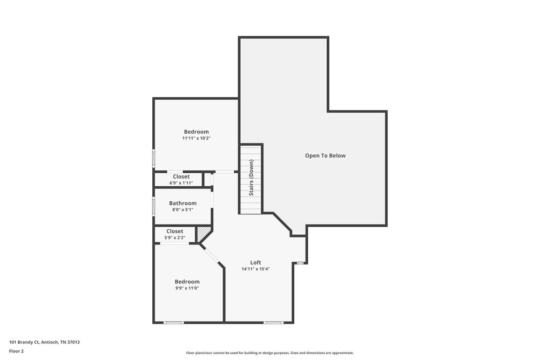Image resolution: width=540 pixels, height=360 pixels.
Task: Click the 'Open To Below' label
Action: [325, 155]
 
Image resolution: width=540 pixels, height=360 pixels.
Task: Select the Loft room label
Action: [255, 262]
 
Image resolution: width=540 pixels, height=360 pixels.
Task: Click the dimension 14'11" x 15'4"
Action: [255, 269]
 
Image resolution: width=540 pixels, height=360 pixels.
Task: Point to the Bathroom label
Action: [183, 203]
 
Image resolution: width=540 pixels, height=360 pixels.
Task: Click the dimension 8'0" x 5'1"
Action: [183, 209]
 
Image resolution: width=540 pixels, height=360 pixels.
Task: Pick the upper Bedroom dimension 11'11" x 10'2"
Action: [196, 138]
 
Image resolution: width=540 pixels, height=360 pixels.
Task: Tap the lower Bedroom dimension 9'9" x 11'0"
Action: [187, 288]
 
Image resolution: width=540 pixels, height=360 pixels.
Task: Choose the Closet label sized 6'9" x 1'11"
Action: [181, 176]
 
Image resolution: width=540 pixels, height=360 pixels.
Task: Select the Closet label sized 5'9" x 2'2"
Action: [174, 231]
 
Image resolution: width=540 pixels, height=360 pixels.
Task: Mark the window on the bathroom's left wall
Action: [154, 206]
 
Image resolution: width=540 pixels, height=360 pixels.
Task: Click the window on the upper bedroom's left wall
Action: [154, 159]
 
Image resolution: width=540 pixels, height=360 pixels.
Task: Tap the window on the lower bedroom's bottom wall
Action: [173, 322]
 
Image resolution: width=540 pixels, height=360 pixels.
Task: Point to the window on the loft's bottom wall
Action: [273, 322]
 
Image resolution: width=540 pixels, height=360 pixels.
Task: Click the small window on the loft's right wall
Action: [301, 263]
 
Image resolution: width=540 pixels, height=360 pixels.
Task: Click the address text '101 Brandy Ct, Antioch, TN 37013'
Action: [44, 342]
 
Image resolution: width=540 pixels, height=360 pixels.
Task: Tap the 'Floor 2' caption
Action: [16, 351]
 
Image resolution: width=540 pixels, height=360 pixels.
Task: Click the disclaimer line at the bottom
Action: [270, 352]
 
